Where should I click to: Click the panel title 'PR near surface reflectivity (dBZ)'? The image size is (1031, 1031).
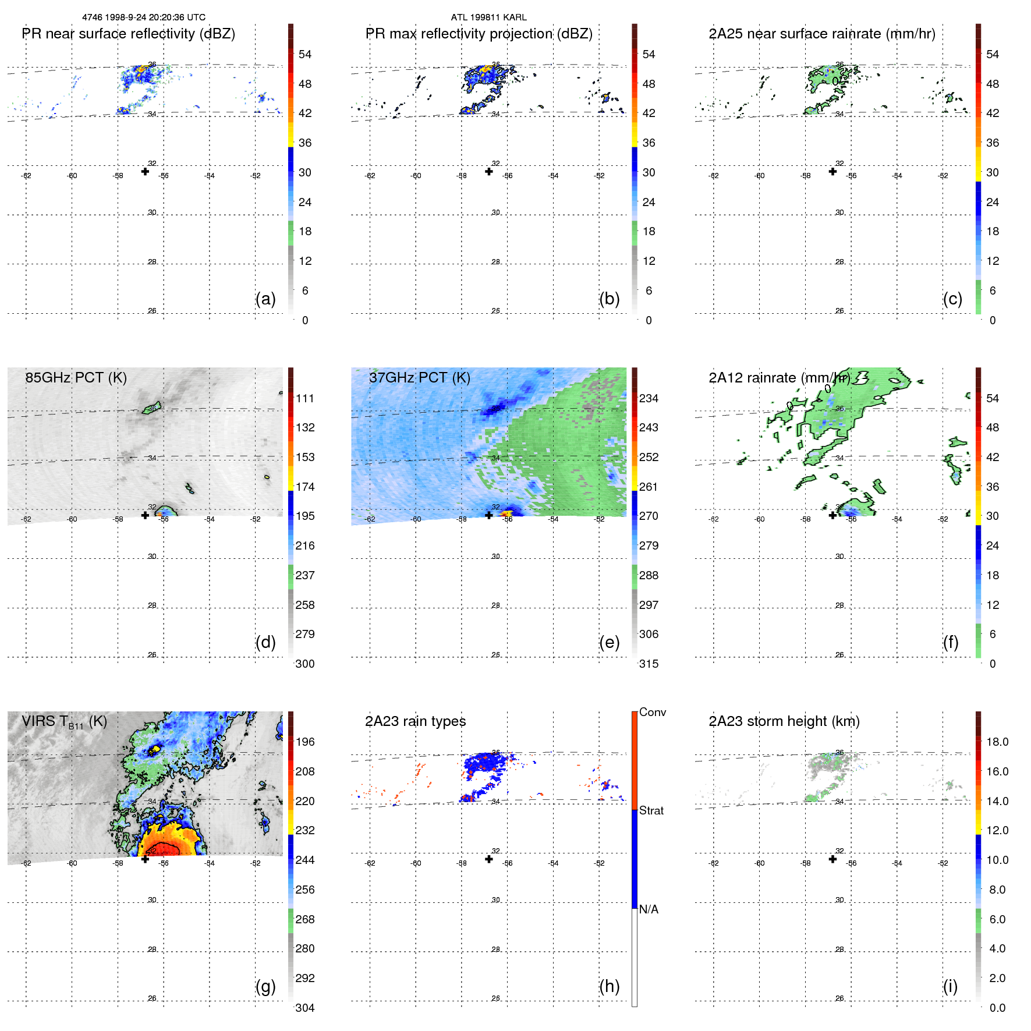click(128, 34)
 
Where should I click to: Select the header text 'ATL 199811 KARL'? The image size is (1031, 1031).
click(488, 17)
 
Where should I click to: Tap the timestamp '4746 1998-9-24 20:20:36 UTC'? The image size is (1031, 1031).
click(144, 17)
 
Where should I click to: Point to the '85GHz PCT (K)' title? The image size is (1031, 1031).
click(76, 378)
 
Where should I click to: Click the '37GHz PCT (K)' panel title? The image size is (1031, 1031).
click(419, 378)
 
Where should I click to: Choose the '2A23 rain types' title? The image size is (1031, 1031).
click(415, 721)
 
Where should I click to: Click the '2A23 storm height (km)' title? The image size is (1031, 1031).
click(784, 721)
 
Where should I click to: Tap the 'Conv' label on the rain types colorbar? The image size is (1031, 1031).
click(652, 712)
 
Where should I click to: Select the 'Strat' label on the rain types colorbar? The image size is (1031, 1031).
click(651, 810)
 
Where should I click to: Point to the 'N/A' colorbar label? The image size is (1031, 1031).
click(649, 909)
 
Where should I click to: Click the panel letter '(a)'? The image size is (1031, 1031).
click(265, 299)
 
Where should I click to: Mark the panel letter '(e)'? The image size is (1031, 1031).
click(609, 642)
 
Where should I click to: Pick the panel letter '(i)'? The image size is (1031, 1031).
click(950, 986)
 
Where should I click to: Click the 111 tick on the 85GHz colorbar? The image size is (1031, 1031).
click(304, 398)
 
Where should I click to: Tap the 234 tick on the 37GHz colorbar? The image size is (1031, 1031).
click(649, 398)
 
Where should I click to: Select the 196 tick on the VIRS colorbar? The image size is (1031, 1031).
click(304, 742)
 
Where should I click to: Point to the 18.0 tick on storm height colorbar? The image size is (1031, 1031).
click(997, 742)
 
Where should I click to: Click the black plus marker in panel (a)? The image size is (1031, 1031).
click(145, 171)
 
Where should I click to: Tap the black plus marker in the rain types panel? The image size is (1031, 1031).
click(489, 859)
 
